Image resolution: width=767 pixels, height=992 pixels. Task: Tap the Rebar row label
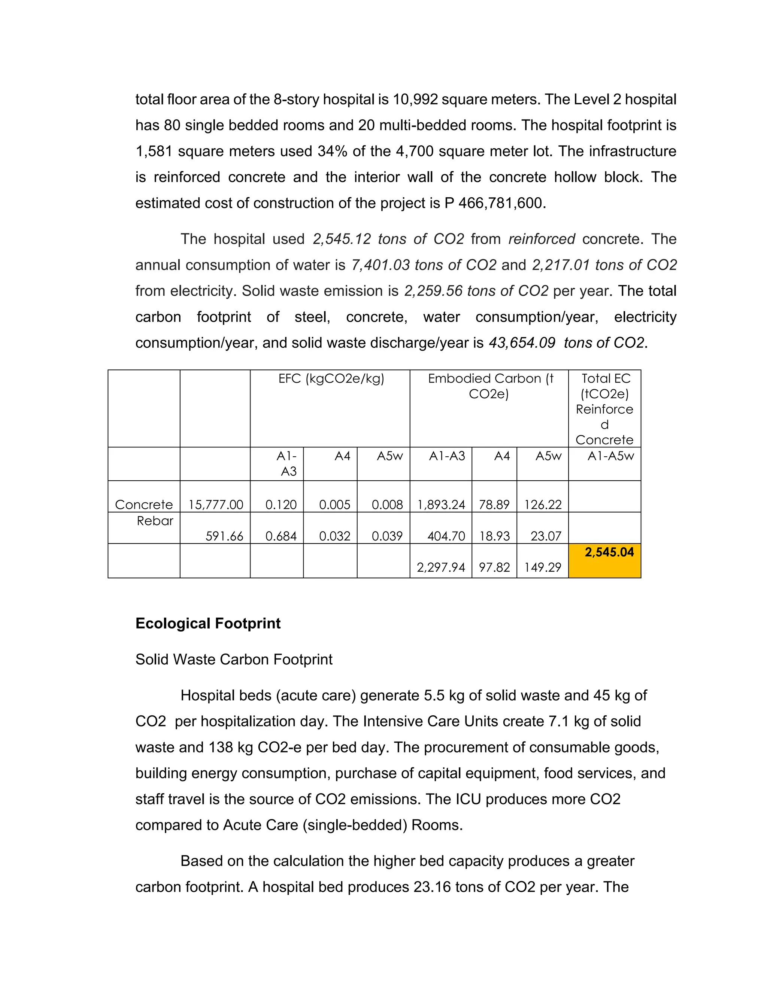coord(155,521)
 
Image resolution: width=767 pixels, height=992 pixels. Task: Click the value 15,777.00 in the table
coord(216,505)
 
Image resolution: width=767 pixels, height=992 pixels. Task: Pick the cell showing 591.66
coord(224,536)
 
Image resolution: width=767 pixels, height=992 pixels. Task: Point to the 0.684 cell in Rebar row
coord(281,536)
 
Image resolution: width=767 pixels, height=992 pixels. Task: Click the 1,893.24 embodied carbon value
coord(441,505)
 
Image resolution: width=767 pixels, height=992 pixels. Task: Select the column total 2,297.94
coord(441,567)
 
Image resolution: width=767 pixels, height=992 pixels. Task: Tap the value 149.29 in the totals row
coord(543,567)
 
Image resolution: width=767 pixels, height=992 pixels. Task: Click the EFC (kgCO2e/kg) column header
coord(331,379)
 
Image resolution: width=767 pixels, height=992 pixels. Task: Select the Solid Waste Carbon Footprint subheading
coord(234,659)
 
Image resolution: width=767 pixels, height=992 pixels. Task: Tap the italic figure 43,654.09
coord(522,343)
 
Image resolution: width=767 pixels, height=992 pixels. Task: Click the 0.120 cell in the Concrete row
coord(281,505)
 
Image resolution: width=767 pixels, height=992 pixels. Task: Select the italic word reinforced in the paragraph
coord(542,239)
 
